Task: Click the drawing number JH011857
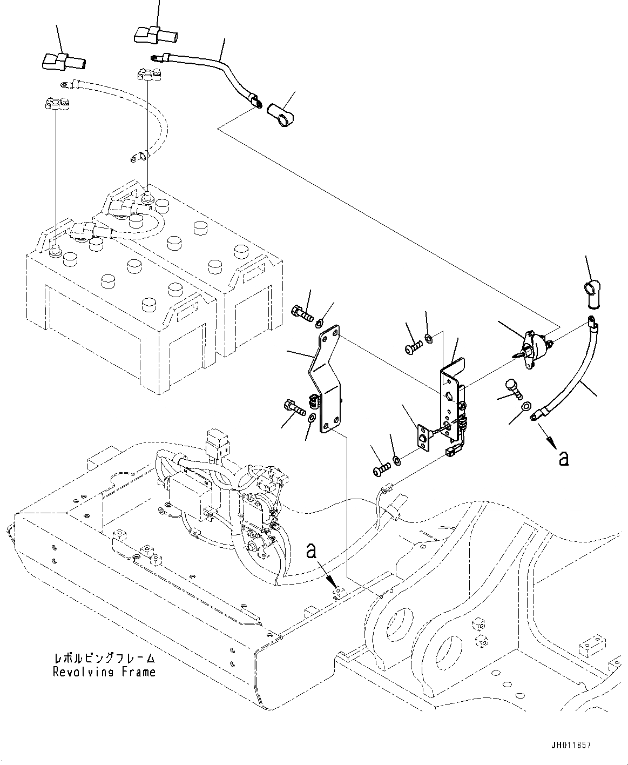571,745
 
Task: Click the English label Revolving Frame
104,672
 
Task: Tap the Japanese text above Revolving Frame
104,659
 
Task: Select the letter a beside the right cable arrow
564,459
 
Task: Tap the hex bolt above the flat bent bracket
303,313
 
